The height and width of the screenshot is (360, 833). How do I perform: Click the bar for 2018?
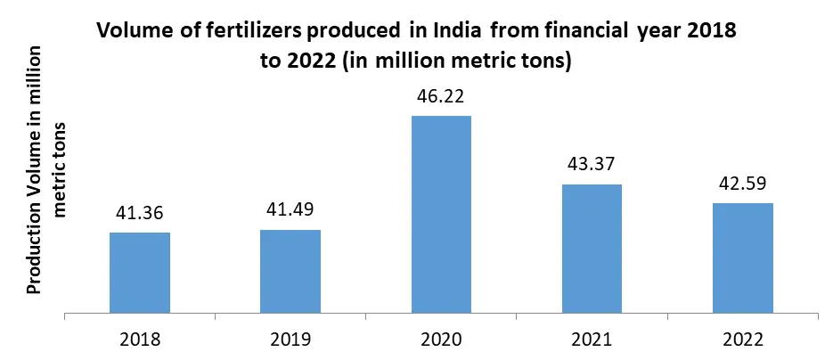pyautogui.click(x=140, y=273)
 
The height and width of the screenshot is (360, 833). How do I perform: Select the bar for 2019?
pyautogui.click(x=290, y=272)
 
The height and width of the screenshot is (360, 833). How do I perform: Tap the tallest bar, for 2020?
pyautogui.click(x=441, y=215)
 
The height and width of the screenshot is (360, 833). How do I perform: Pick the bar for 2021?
pyautogui.click(x=592, y=249)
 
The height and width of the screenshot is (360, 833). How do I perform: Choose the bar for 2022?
pyautogui.click(x=742, y=258)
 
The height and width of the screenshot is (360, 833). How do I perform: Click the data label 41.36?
pyautogui.click(x=140, y=214)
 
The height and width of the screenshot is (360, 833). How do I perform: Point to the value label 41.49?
pyautogui.click(x=290, y=211)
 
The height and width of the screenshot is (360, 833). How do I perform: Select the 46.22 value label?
pyautogui.click(x=441, y=97)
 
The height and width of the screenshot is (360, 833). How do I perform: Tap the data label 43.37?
pyautogui.click(x=592, y=165)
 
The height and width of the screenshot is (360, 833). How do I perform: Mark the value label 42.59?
pyautogui.click(x=742, y=184)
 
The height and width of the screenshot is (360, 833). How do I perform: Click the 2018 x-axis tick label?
pyautogui.click(x=140, y=340)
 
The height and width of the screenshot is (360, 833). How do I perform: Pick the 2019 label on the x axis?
pyautogui.click(x=290, y=340)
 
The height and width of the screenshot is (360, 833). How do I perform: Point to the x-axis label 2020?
pyautogui.click(x=441, y=340)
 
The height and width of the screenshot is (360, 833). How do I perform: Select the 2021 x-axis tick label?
pyautogui.click(x=592, y=340)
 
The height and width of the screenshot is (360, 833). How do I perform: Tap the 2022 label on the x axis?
pyautogui.click(x=742, y=340)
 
